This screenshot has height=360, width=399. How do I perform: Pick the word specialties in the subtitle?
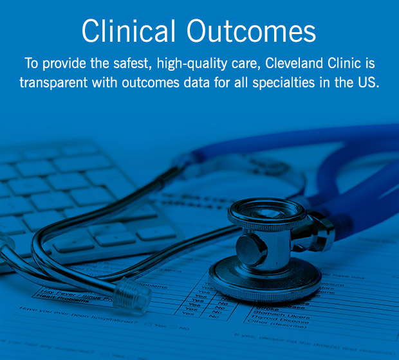(x=298, y=84)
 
